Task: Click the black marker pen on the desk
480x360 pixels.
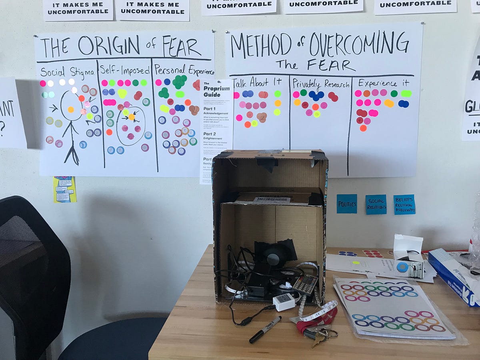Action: [x=265, y=329]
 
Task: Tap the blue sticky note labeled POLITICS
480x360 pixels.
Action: [x=346, y=204]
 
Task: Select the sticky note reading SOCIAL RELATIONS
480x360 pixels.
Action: [x=376, y=204]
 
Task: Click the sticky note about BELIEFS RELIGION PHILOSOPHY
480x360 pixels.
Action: [x=404, y=204]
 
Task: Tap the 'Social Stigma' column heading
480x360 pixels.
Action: [x=67, y=72]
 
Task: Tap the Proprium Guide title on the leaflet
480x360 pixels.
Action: [x=216, y=91]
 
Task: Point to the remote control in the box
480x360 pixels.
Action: [x=305, y=284]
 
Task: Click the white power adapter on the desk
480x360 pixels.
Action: [x=284, y=302]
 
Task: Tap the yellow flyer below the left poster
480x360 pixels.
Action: [x=64, y=189]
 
